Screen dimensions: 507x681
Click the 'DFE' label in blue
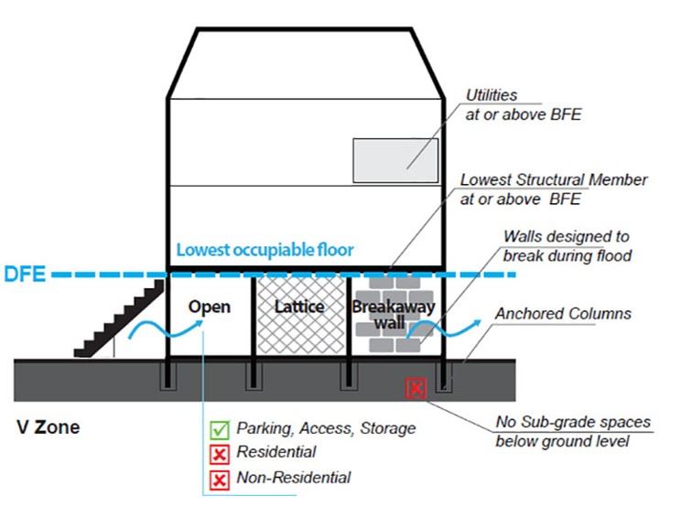pyautogui.click(x=24, y=273)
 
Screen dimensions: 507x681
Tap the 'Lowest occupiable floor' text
pyautogui.click(x=265, y=249)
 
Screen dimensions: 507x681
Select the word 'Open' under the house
pyautogui.click(x=210, y=307)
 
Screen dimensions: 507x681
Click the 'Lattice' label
pyautogui.click(x=299, y=307)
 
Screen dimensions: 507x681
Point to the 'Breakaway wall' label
pyautogui.click(x=393, y=315)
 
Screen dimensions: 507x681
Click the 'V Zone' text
pyautogui.click(x=49, y=426)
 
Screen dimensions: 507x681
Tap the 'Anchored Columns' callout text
pyautogui.click(x=563, y=314)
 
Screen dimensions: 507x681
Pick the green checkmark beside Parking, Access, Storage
pyautogui.click(x=220, y=428)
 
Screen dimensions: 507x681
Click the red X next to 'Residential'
pyautogui.click(x=220, y=453)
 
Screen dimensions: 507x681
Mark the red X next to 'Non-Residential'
pyautogui.click(x=220, y=478)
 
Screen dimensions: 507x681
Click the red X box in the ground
pyautogui.click(x=416, y=389)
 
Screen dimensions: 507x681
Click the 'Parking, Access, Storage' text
pyautogui.click(x=326, y=428)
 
